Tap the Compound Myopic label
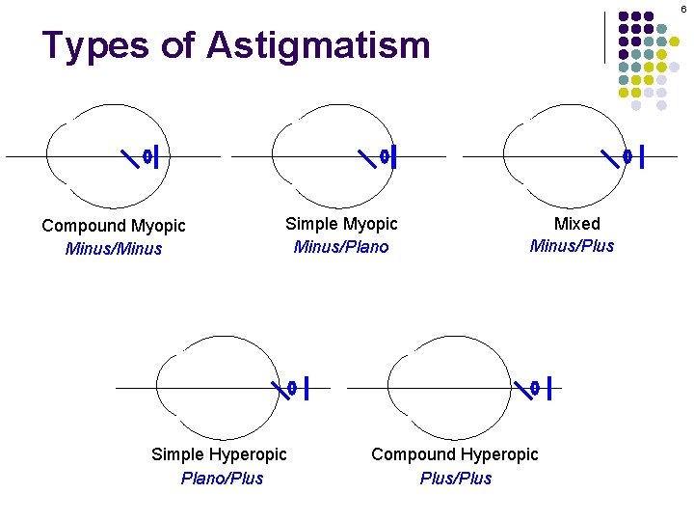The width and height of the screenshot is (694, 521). pos(114,226)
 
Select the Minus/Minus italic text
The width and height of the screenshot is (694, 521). pos(114,249)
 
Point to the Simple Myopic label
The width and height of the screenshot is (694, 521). pos(341,224)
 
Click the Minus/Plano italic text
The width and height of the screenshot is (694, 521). pos(341,247)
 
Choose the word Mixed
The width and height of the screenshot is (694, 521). pos(576,224)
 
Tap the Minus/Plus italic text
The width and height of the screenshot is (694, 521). pos(572,246)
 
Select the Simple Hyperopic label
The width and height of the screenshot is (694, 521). pos(219,454)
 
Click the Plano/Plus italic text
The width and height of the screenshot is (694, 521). pos(222,479)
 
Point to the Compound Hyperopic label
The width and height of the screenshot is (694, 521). pos(455,454)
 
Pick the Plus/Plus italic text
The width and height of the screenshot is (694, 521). pos(456,479)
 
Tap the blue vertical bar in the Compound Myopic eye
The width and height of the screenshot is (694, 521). pos(156,155)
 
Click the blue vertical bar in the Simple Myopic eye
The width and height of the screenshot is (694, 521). pos(394,155)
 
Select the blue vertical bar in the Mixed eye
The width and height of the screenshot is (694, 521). pos(642,155)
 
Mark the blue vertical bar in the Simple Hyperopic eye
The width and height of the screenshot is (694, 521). pos(306,388)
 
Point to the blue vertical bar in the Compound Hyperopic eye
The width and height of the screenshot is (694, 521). pos(548,388)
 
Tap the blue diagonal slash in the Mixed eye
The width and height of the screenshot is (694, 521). pos(609,155)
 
